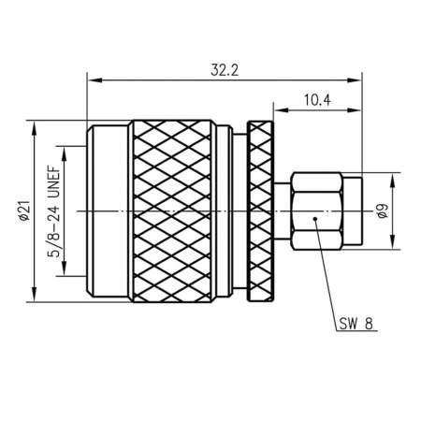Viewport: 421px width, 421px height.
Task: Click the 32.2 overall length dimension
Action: point(225,70)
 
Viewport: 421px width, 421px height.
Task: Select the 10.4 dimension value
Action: point(317,100)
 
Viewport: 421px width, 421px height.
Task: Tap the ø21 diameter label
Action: point(24,210)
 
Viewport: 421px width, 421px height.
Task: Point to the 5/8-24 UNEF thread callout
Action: point(53,211)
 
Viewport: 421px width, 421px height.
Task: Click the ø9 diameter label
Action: point(383,210)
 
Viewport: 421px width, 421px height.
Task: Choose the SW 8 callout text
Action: point(356,324)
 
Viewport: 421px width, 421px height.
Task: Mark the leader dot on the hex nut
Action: point(315,219)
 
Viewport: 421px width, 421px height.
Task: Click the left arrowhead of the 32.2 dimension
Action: point(94,80)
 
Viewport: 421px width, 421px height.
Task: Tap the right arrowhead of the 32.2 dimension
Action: point(355,80)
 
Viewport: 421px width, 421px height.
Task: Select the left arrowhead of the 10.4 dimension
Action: point(281,109)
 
